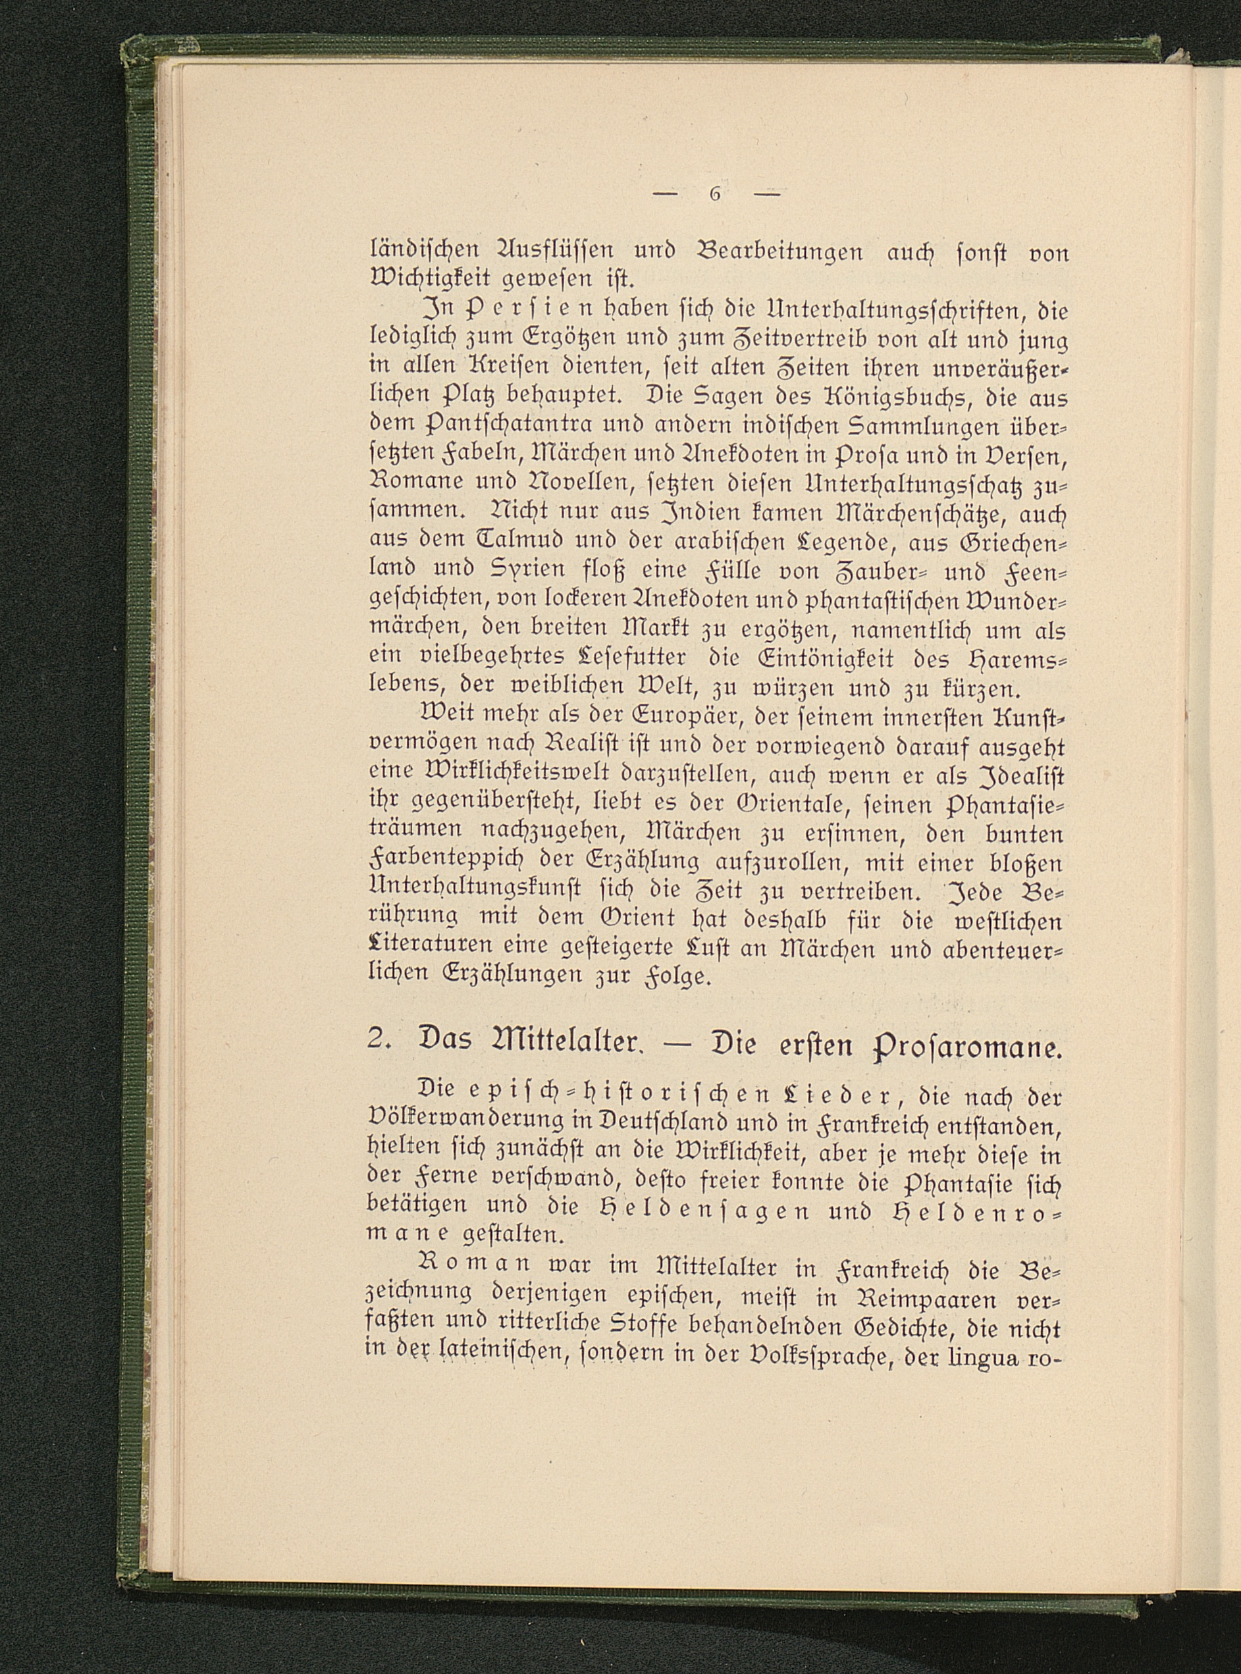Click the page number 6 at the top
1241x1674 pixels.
714,194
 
